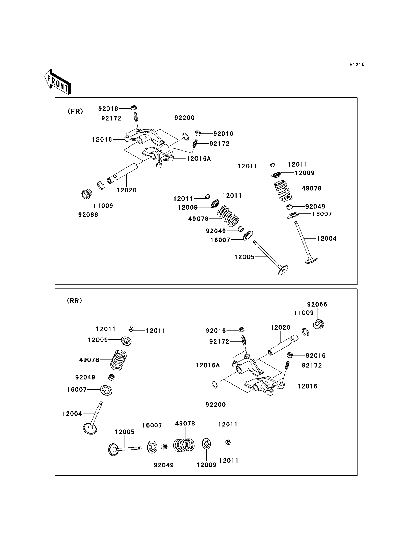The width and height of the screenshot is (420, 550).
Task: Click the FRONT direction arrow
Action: [57, 82]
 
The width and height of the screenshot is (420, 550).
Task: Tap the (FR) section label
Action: [75, 111]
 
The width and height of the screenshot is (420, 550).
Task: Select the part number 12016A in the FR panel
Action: [199, 159]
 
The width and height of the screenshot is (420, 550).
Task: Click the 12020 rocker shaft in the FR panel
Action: [123, 173]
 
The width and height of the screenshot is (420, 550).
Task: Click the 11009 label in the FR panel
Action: [103, 206]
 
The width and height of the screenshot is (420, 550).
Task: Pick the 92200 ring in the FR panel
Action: [185, 137]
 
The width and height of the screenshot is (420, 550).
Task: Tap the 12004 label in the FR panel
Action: [326, 239]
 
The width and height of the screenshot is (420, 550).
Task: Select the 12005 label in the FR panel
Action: [244, 257]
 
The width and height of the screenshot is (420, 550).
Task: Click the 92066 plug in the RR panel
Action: [318, 325]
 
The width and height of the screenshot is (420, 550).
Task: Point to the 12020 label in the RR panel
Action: [281, 328]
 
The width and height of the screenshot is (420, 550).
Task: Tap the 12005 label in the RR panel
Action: [125, 432]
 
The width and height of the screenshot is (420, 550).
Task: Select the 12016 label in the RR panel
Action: [307, 386]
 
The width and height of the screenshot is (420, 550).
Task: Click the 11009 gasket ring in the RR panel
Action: [305, 332]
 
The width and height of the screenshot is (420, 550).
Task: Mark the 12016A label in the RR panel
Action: [208, 365]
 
